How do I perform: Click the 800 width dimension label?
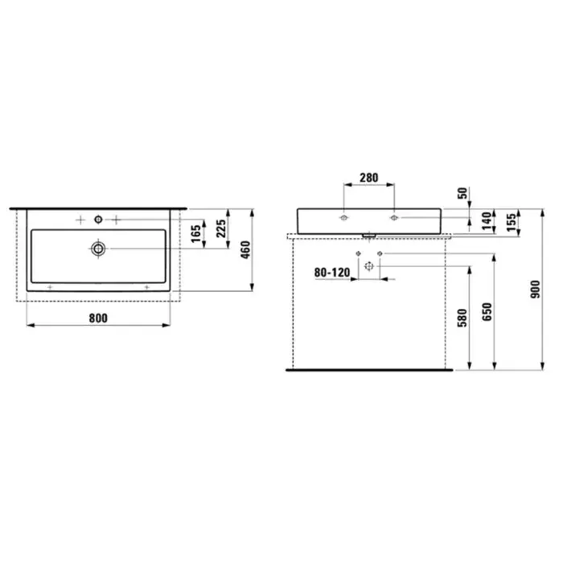click(x=98, y=318)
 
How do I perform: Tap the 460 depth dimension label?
click(x=245, y=250)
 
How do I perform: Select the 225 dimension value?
click(x=221, y=228)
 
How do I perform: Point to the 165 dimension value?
click(x=196, y=234)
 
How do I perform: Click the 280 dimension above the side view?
click(x=368, y=178)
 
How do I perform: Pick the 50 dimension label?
click(x=463, y=193)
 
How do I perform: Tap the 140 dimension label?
click(x=487, y=221)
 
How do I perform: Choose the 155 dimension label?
click(x=512, y=222)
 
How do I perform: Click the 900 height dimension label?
click(x=535, y=290)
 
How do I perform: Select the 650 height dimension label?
click(x=487, y=312)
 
